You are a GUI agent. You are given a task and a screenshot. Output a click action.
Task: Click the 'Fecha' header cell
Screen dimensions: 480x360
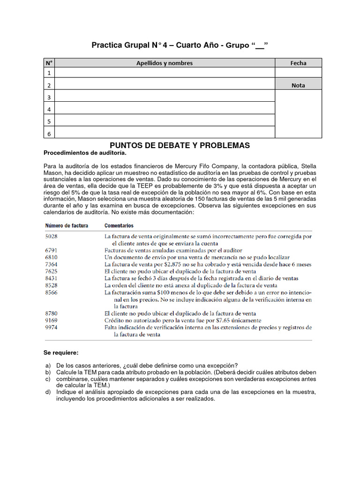[298, 63]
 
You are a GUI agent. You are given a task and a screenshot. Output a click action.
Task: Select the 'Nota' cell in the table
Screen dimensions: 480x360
[298, 85]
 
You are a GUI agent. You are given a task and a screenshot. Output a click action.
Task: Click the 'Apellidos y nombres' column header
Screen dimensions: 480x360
[164, 63]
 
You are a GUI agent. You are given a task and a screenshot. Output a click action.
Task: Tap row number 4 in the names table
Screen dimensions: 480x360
[49, 109]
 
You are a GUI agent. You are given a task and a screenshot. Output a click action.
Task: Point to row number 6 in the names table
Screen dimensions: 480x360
[49, 134]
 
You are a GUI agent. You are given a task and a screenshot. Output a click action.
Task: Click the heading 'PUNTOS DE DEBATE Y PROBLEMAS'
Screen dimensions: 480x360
[180, 146]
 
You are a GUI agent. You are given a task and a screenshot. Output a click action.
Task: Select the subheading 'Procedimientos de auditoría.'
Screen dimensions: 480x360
[85, 153]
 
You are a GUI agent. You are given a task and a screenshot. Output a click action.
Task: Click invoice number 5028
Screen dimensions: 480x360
[52, 236]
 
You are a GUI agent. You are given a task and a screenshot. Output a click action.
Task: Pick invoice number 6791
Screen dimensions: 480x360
[52, 250]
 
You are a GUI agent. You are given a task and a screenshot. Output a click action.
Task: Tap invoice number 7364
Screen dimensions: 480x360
[52, 264]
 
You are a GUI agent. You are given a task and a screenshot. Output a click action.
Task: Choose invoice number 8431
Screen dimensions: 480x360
[52, 278]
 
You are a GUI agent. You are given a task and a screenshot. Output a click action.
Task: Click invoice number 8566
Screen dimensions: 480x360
[52, 292]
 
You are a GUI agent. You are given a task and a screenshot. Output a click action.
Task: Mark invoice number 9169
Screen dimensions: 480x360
[52, 320]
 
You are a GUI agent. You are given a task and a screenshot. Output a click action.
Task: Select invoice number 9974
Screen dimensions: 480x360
[52, 327]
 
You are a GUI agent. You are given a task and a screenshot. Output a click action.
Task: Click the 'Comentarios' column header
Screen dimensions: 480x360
[119, 225]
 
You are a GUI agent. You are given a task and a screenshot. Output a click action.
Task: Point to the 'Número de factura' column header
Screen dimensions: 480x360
[67, 225]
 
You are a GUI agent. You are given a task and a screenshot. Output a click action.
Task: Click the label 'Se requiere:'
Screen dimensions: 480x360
[61, 352]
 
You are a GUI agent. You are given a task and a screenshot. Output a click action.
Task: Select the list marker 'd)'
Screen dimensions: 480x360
[48, 392]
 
